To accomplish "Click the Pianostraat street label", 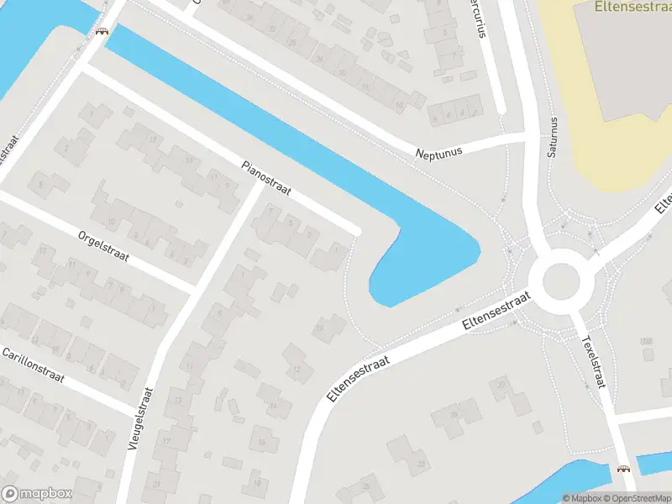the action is pos(265,179).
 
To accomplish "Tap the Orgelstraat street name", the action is pos(103,246).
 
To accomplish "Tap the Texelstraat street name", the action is pos(593,362).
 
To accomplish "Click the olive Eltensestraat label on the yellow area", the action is pos(632,7).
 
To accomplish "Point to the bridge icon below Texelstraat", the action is pos(623,470).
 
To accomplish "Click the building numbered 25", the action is pos(366,486).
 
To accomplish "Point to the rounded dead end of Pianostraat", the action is pos(356,230).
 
